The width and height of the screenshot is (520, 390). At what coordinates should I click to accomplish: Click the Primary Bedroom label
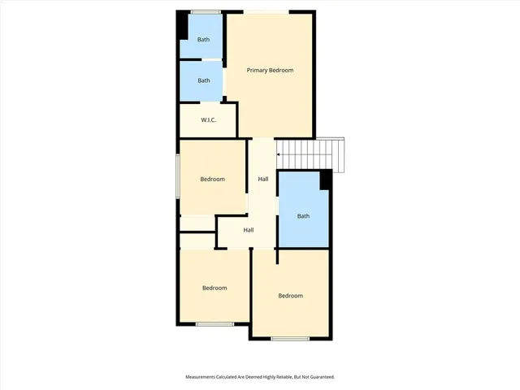click(270, 71)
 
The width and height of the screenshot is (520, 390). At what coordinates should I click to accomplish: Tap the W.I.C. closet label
click(209, 120)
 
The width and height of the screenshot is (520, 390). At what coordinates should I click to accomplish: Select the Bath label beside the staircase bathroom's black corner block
click(303, 216)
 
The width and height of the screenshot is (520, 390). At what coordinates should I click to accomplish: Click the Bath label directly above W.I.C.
click(203, 80)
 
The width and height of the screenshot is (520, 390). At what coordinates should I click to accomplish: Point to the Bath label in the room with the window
click(203, 39)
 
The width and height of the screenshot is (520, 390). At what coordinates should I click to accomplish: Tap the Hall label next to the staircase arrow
click(263, 180)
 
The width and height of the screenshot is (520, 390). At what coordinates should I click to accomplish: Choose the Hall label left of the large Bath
click(249, 230)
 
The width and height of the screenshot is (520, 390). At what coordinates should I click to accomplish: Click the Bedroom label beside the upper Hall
click(212, 180)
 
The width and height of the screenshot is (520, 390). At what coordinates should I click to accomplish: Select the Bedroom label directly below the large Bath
click(290, 296)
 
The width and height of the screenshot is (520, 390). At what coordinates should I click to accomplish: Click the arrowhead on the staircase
click(278, 154)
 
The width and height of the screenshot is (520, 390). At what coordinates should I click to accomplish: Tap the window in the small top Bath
click(206, 11)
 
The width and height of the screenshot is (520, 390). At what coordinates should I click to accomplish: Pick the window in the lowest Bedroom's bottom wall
click(290, 338)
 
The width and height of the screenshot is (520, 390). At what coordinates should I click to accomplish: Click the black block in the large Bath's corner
click(325, 180)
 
